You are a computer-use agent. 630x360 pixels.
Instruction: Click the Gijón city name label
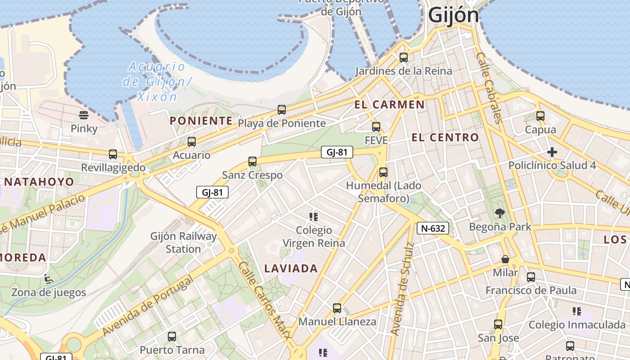pyautogui.click(x=454, y=15)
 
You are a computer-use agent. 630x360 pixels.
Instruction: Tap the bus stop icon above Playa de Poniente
pyautogui.click(x=282, y=109)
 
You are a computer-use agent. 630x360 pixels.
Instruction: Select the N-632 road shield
pyautogui.click(x=433, y=228)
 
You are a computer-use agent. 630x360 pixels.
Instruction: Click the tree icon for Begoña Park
pyautogui.click(x=499, y=213)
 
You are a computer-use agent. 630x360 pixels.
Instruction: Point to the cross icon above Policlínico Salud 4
pyautogui.click(x=552, y=152)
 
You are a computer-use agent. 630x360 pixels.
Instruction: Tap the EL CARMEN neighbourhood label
pyautogui.click(x=389, y=105)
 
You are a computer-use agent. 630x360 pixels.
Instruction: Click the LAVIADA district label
pyautogui.click(x=291, y=269)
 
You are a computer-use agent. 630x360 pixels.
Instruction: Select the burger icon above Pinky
pyautogui.click(x=84, y=115)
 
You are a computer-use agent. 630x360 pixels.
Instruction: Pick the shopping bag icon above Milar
pyautogui.click(x=505, y=259)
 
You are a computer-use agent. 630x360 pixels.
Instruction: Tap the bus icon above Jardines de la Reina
pyautogui.click(x=404, y=58)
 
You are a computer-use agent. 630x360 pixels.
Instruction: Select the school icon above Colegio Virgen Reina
pyautogui.click(x=314, y=217)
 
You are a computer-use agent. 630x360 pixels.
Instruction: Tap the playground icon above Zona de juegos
pyautogui.click(x=48, y=279)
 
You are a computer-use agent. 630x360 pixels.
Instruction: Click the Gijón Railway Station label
pyautogui.click(x=183, y=243)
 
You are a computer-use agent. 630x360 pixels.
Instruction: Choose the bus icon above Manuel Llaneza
pyautogui.click(x=337, y=308)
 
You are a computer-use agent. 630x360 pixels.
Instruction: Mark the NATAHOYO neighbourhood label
pyautogui.click(x=39, y=182)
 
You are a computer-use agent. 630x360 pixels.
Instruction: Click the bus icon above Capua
pyautogui.click(x=540, y=116)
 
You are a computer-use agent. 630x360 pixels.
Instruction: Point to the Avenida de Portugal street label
pyautogui.click(x=148, y=306)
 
